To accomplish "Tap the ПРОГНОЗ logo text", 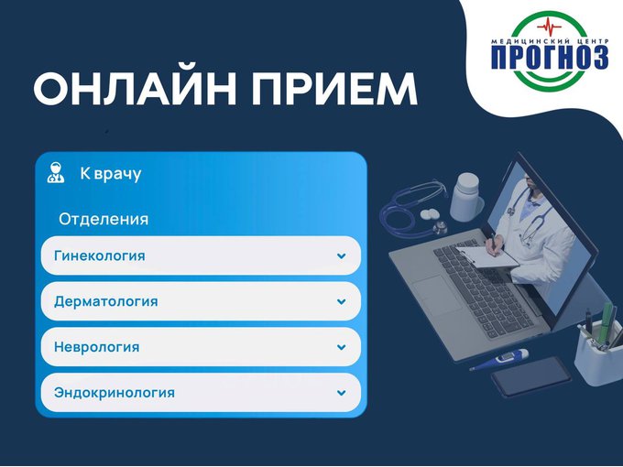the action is (550, 57).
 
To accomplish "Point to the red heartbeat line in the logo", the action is (549, 27).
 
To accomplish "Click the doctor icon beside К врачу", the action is (56, 173).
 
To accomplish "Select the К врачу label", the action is (111, 174).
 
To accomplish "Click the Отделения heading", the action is (104, 219).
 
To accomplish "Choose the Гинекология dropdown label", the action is (99, 255).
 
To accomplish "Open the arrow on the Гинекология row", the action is (342, 256).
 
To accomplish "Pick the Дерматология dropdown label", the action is (105, 301).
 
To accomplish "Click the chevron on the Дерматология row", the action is (342, 302).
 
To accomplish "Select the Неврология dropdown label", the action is (96, 347).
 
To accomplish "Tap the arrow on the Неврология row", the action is (342, 347).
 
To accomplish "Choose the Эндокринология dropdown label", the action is (115, 393).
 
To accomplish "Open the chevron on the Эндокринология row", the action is (342, 393).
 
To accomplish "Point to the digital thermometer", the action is (500, 359).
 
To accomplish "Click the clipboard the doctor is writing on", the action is (488, 257).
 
